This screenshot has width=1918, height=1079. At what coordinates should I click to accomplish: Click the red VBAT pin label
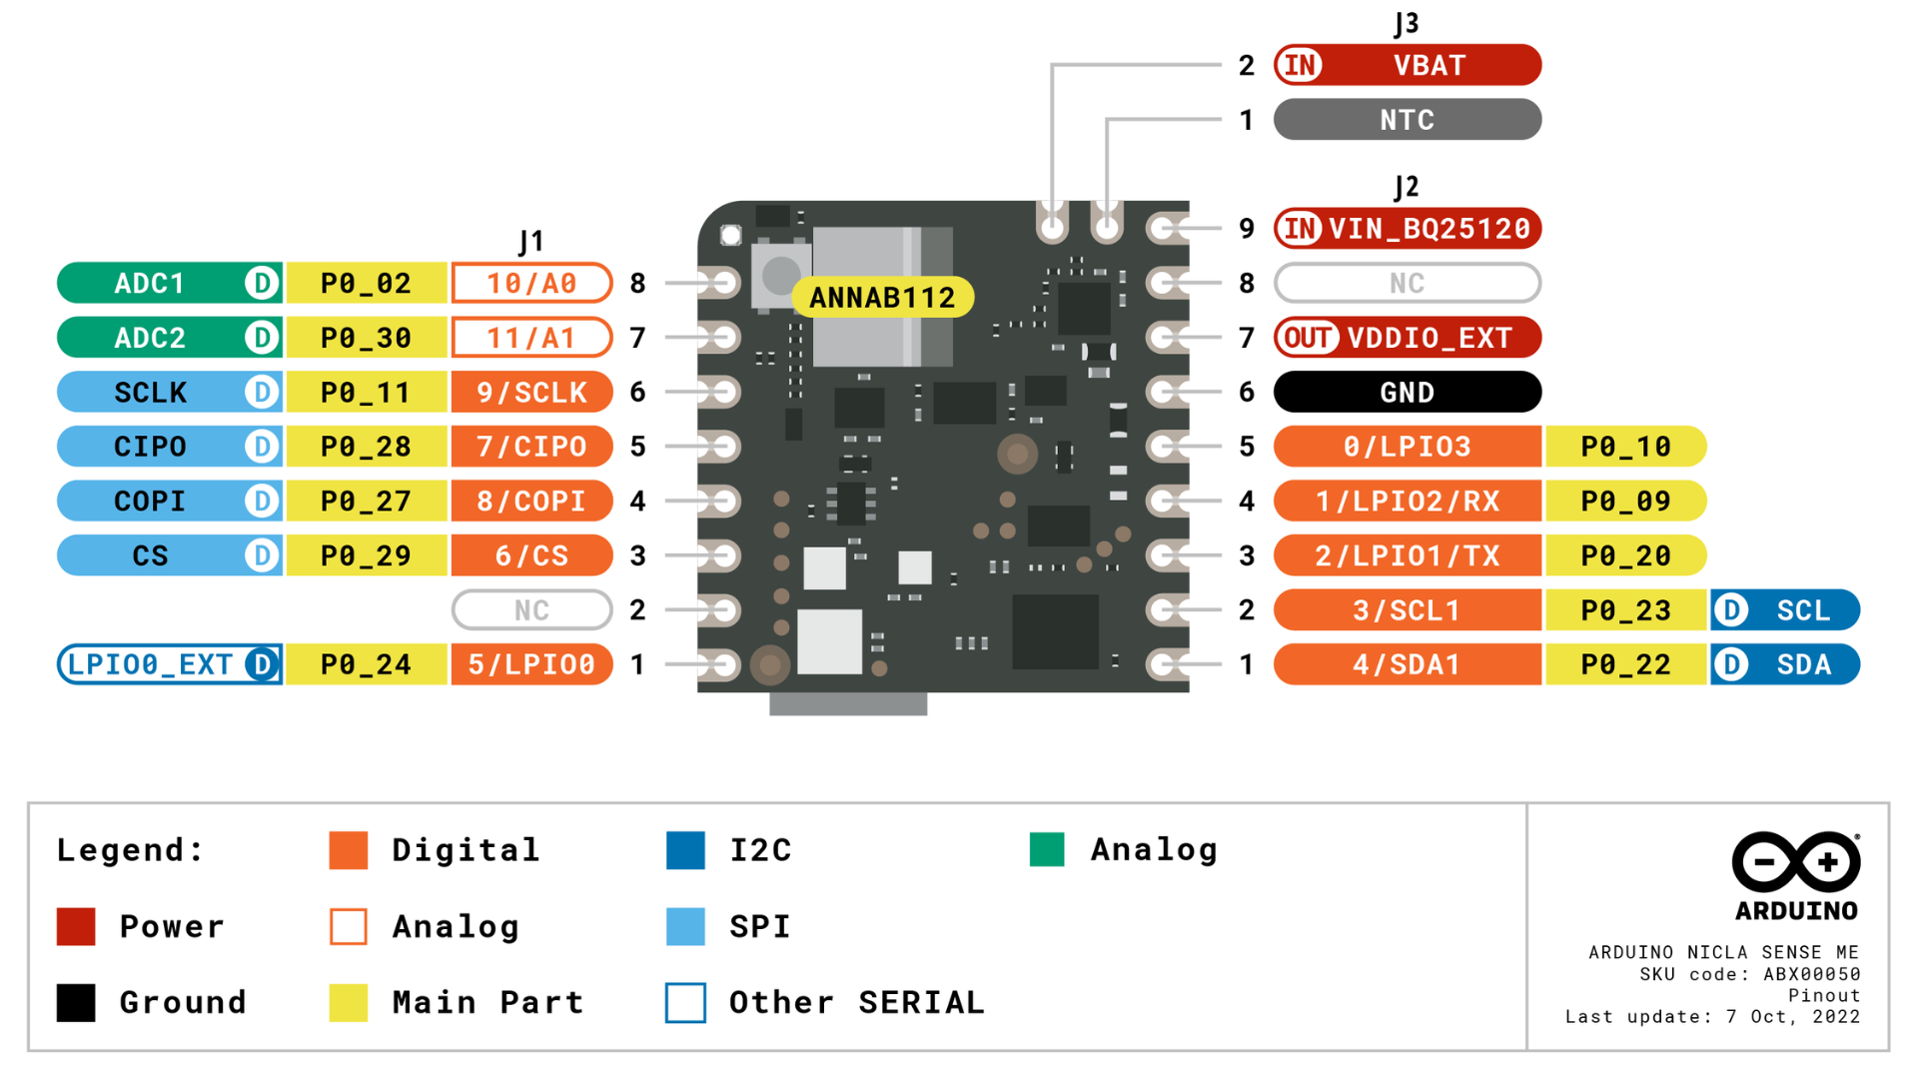[1429, 66]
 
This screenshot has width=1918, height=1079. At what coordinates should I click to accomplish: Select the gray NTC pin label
[1407, 120]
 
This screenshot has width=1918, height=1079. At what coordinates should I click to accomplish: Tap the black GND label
[1407, 393]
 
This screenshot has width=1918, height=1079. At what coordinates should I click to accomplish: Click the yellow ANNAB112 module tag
[882, 298]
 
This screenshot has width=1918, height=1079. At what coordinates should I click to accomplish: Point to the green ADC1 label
[150, 284]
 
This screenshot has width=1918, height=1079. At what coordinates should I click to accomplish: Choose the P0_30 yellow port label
[366, 338]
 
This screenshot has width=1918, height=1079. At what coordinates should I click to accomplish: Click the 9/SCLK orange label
[531, 393]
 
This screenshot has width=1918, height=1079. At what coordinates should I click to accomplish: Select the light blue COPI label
[150, 501]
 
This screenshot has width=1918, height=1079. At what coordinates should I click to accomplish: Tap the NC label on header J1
[531, 610]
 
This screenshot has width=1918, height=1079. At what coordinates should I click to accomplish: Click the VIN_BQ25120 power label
[1429, 229]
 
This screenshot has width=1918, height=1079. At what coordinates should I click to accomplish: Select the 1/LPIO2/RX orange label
[1407, 501]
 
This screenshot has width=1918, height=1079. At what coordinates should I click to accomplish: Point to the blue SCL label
[1802, 610]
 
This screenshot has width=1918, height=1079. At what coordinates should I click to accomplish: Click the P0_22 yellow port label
[1625, 664]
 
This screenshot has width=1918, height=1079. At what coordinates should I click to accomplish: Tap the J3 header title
[1406, 24]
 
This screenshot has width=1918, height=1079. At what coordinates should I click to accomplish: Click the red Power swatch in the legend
[76, 926]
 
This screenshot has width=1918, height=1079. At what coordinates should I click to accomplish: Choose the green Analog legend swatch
[1047, 849]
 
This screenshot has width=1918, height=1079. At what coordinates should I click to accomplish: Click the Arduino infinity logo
[1795, 861]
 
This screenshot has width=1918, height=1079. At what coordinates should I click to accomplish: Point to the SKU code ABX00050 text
[1749, 974]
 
